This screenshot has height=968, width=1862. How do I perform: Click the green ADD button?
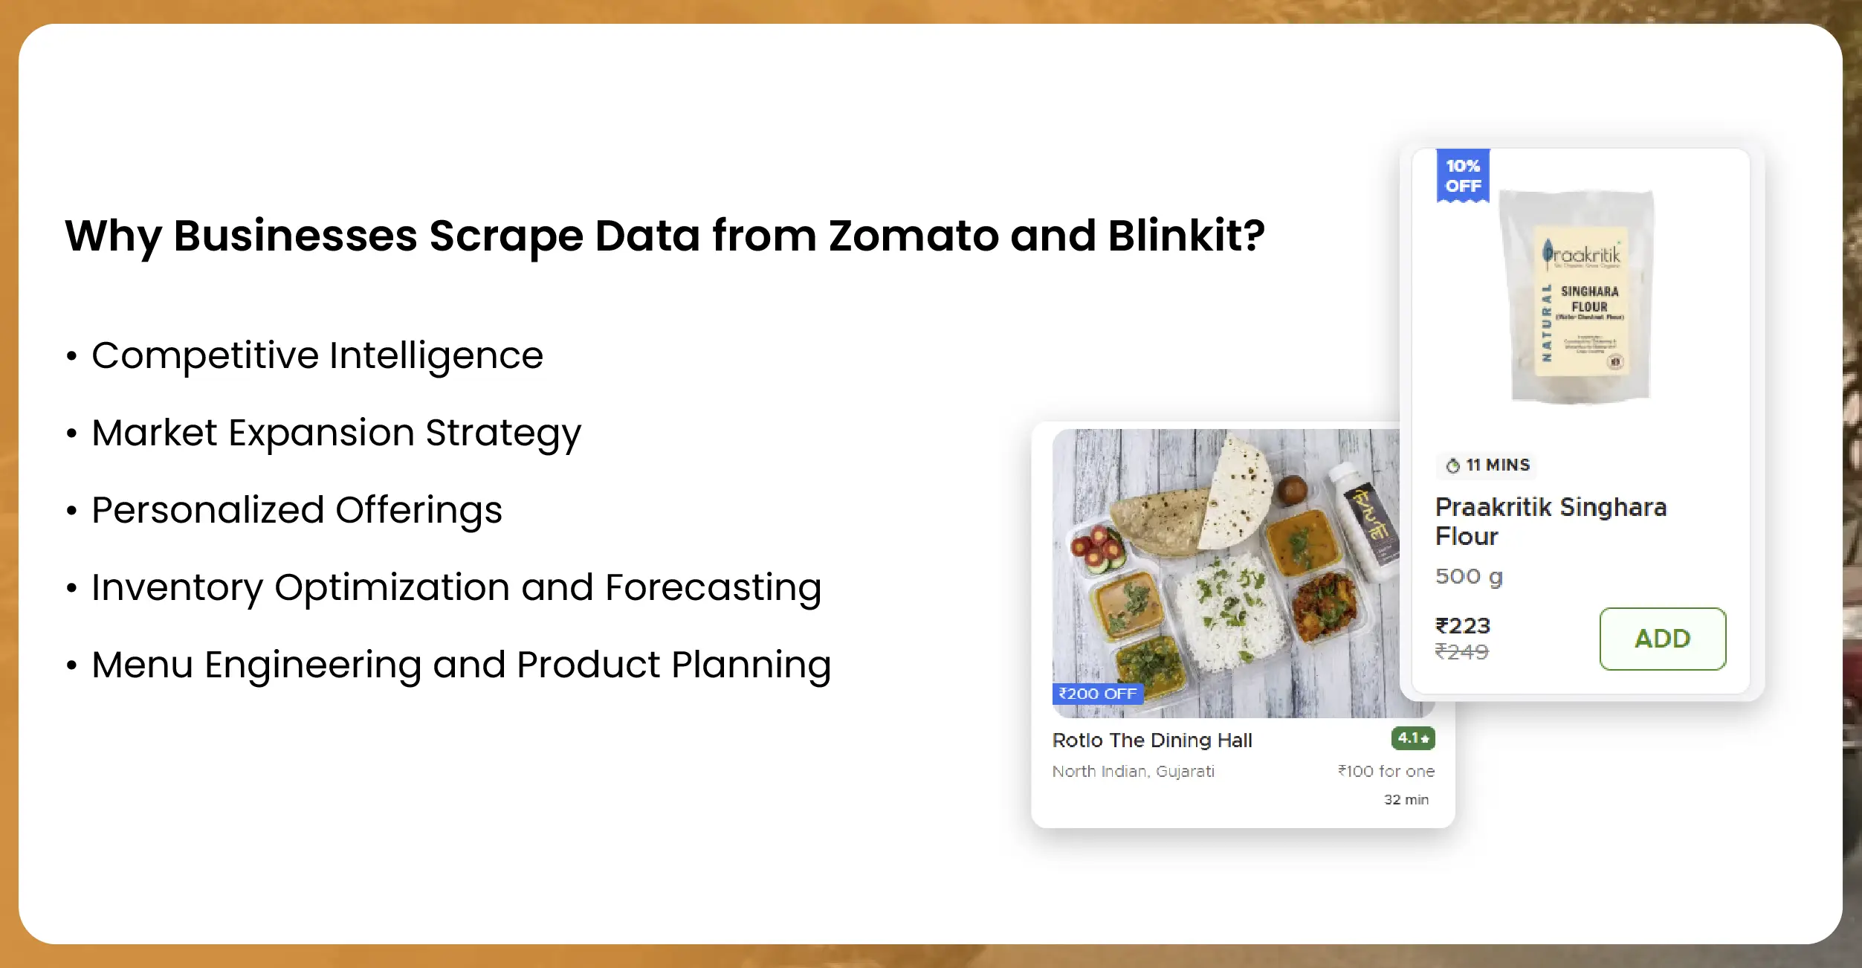1662,639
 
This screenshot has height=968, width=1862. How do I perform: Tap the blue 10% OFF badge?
1463,176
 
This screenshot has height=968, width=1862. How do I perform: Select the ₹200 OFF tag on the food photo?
1097,694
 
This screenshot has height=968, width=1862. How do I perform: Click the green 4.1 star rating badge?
1412,738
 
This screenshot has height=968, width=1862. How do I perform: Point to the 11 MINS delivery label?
1487,465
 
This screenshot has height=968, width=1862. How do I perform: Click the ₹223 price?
1463,626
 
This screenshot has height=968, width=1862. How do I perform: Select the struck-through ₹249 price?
1461,652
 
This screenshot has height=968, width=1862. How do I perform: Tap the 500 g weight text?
1469,576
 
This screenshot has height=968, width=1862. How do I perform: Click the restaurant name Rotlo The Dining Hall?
1152,740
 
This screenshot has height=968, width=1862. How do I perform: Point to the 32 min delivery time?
1406,800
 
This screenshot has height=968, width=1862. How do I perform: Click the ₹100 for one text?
1386,772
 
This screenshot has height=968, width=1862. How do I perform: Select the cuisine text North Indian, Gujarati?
1133,772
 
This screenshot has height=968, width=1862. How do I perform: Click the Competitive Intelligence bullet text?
317,355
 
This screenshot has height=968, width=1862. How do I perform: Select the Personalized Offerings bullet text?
297,510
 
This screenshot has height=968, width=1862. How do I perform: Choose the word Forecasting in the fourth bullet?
713,587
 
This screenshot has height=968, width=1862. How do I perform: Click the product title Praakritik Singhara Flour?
1550,521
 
